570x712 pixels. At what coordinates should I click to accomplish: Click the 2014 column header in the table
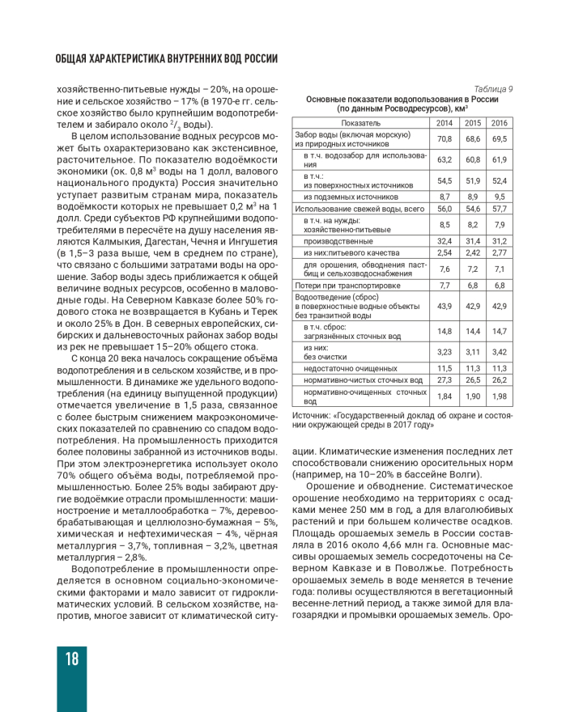(x=445, y=123)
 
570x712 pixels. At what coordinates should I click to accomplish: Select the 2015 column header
(x=473, y=123)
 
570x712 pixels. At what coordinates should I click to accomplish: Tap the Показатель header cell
(x=361, y=123)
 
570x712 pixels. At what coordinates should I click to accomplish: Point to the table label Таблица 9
(x=493, y=88)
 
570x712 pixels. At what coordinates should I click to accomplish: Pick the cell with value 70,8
(x=445, y=139)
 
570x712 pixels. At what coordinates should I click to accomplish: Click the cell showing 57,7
(x=500, y=209)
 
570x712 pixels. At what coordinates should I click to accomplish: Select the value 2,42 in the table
(x=473, y=252)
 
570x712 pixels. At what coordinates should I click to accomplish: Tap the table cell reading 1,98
(x=500, y=396)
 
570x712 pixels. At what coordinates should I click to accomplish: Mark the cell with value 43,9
(x=445, y=306)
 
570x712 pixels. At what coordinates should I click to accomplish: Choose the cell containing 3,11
(x=473, y=352)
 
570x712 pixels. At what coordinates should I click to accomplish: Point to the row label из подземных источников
(x=351, y=197)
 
